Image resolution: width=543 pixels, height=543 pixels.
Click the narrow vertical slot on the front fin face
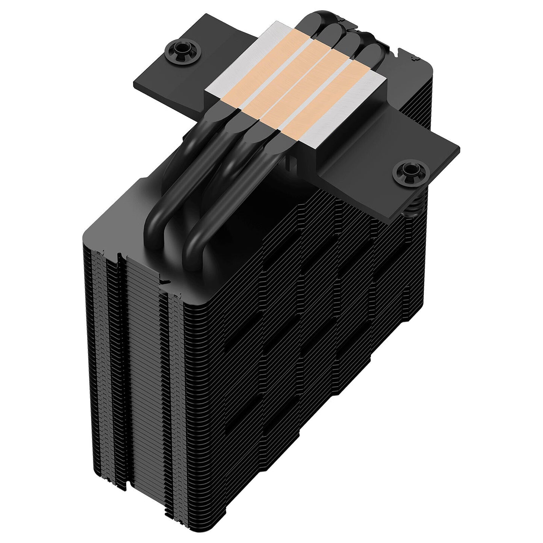[x=120, y=338]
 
